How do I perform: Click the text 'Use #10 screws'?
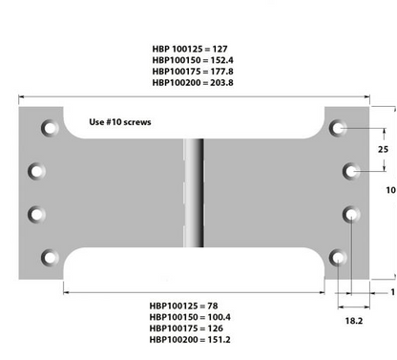[x=120, y=122]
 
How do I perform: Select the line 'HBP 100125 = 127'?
[x=190, y=49]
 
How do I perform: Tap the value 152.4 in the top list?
[x=221, y=60]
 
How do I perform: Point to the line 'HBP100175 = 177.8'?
[x=193, y=72]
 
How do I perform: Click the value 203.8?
[x=221, y=83]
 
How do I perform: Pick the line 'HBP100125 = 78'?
[x=183, y=306]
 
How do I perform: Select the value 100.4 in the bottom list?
[x=219, y=317]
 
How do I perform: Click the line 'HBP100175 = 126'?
[x=186, y=328]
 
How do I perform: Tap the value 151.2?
[x=219, y=340]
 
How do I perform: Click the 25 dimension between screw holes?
[x=383, y=149]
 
